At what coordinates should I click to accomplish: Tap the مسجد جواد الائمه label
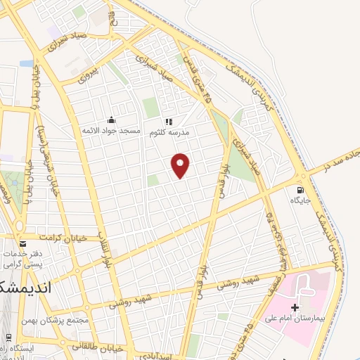click(112, 131)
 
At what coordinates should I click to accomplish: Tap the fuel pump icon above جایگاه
click(301, 189)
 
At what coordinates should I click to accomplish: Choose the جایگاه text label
click(300, 200)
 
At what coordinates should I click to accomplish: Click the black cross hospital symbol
click(295, 307)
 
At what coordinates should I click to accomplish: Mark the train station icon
click(8, 337)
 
